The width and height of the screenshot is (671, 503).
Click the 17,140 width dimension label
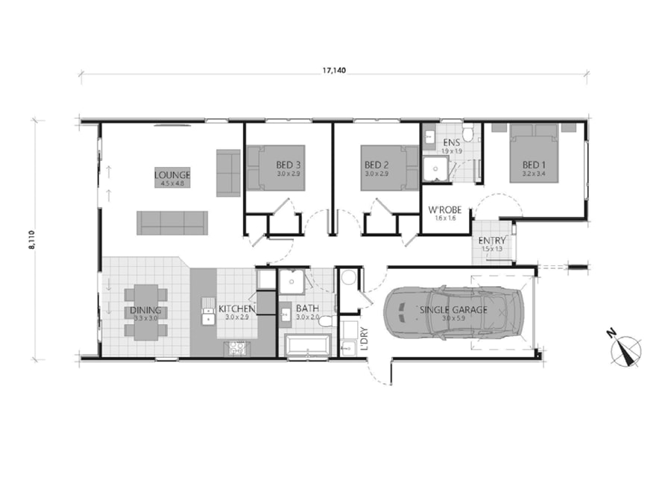pyautogui.click(x=334, y=70)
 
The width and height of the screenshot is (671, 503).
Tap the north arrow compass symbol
pyautogui.click(x=626, y=352)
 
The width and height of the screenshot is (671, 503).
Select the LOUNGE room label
pyautogui.click(x=172, y=176)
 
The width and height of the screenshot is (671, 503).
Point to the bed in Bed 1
pyautogui.click(x=533, y=153)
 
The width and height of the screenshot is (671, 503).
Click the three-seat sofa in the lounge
pyautogui.click(x=172, y=221)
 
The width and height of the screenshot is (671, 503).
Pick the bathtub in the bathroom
pyautogui.click(x=307, y=345)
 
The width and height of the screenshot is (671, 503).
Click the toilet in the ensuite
pyautogui.click(x=468, y=133)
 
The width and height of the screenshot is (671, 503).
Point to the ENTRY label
pyautogui.click(x=493, y=241)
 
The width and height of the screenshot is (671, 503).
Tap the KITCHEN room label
pyautogui.click(x=237, y=309)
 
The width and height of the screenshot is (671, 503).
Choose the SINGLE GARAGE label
pyautogui.click(x=453, y=310)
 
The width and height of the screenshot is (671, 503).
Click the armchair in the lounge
pyautogui.click(x=228, y=173)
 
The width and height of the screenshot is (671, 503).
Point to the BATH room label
pyautogui.click(x=307, y=309)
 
